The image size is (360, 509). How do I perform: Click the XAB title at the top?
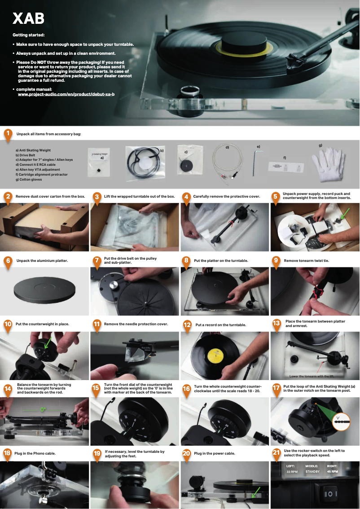(28, 18)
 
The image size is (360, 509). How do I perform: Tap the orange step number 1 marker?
(8, 133)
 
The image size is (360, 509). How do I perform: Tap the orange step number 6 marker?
(8, 261)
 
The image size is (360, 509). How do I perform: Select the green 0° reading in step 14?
(43, 409)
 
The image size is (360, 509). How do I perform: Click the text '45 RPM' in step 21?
(332, 472)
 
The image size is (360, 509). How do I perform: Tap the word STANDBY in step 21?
(312, 472)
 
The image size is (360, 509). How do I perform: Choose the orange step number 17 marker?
(277, 387)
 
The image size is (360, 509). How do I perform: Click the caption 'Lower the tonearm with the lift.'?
(312, 376)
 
